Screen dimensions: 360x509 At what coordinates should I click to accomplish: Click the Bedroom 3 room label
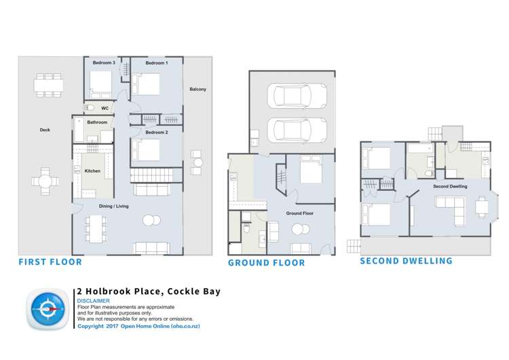pyautogui.click(x=104, y=62)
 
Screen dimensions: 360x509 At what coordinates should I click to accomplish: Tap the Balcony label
pyautogui.click(x=197, y=89)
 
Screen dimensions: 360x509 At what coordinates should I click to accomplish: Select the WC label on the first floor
pyautogui.click(x=105, y=108)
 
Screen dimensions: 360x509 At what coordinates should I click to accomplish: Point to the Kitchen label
pyautogui.click(x=92, y=171)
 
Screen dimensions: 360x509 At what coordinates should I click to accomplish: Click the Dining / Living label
pyautogui.click(x=114, y=206)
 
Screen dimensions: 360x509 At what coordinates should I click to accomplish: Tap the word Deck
pyautogui.click(x=45, y=129)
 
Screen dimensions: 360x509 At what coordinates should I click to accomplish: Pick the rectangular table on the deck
pyautogui.click(x=50, y=85)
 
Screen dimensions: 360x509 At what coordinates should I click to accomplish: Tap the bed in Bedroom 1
pyautogui.click(x=145, y=84)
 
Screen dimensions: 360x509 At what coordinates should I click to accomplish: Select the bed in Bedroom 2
pyautogui.click(x=145, y=149)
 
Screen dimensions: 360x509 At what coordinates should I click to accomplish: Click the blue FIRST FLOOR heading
pyautogui.click(x=50, y=262)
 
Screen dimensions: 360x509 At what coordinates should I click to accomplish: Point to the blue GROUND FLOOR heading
pyautogui.click(x=266, y=263)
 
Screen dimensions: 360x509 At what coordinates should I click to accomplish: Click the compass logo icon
pyautogui.click(x=48, y=309)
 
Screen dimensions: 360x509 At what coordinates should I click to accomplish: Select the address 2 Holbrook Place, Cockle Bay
pyautogui.click(x=149, y=292)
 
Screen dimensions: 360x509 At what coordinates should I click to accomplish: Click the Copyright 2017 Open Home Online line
pyautogui.click(x=138, y=326)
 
